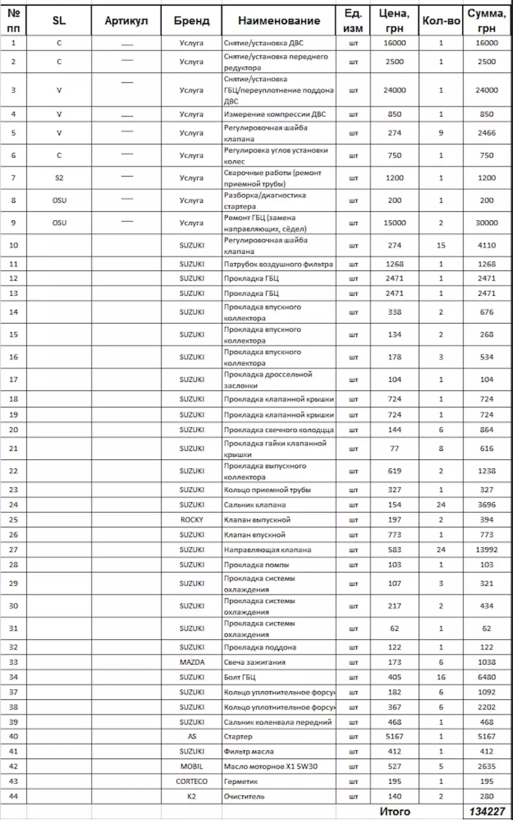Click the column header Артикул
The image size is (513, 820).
(126, 21)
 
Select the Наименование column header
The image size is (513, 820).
(279, 21)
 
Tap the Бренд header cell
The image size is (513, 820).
(192, 21)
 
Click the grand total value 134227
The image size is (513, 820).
(487, 811)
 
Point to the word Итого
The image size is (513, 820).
(395, 811)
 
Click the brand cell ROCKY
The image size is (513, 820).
(192, 520)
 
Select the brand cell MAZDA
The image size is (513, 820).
(192, 662)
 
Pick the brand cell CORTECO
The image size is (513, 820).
(192, 781)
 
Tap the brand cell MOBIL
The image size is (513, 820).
(192, 766)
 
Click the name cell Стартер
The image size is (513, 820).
(238, 736)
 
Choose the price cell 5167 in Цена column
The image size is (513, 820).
(395, 736)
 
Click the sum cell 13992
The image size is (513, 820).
(487, 549)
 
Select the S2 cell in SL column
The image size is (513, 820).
(59, 178)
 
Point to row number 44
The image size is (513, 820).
(13, 796)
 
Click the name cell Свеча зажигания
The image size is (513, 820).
(255, 662)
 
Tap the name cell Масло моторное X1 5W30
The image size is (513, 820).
(271, 766)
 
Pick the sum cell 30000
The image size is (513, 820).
(487, 223)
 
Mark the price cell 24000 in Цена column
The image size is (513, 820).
(395, 90)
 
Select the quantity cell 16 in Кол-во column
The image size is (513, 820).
(441, 677)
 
